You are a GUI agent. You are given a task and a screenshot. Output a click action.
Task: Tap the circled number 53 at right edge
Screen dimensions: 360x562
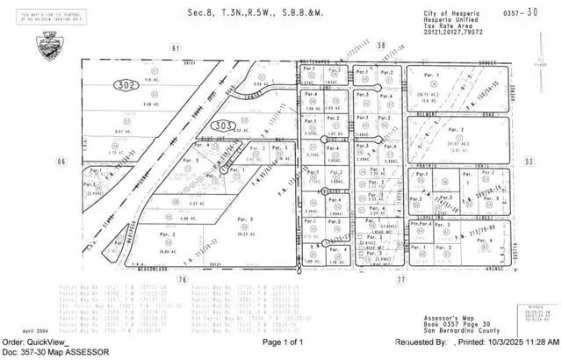click(x=529, y=162)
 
